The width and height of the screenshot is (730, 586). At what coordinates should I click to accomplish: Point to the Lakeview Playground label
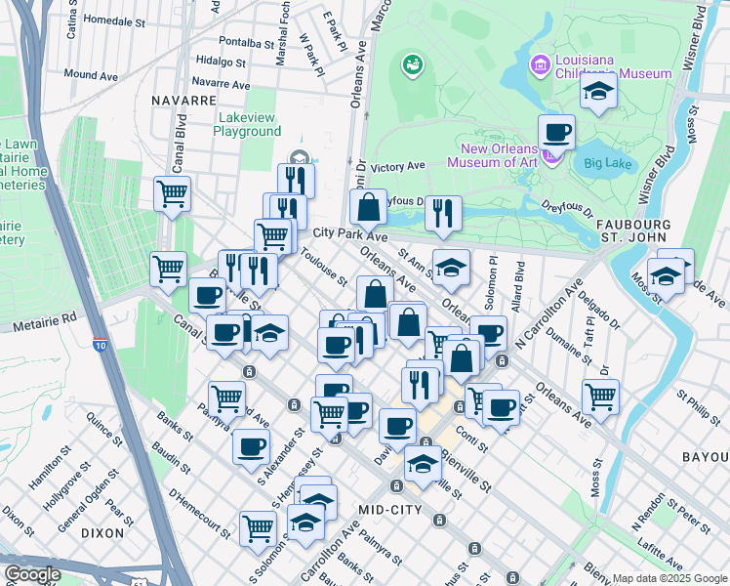[247, 124]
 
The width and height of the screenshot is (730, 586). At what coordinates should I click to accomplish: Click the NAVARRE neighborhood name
[183, 100]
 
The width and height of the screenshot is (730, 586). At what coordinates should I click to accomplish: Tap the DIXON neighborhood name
[103, 533]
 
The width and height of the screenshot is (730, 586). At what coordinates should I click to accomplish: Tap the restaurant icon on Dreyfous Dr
[444, 212]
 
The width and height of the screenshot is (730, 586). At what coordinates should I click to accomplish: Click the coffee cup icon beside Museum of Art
[557, 131]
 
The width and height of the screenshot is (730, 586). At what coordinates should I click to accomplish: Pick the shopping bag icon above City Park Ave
[368, 206]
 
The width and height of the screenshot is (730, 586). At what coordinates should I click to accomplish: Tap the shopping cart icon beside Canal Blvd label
[172, 192]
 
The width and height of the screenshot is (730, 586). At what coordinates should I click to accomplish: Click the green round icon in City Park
[413, 65]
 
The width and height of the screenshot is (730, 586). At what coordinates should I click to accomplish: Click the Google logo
[32, 574]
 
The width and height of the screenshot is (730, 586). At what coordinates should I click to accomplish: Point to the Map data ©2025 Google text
[669, 578]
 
